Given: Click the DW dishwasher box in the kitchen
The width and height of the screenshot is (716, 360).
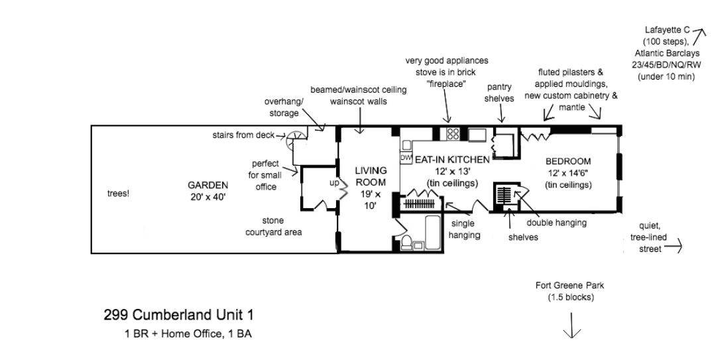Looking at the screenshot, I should pyautogui.click(x=406, y=159).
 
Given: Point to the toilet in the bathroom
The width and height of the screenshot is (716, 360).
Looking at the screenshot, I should pyautogui.click(x=417, y=244).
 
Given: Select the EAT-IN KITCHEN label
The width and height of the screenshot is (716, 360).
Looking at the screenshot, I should pyautogui.click(x=452, y=160).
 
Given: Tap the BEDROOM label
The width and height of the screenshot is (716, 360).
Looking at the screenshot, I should pyautogui.click(x=567, y=161).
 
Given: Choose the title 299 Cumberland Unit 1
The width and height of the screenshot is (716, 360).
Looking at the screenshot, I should pyautogui.click(x=178, y=315).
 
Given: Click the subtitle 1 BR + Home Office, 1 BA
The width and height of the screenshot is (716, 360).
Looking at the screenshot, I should pyautogui.click(x=188, y=334).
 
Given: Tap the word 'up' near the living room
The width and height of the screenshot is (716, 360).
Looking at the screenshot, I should pyautogui.click(x=334, y=182).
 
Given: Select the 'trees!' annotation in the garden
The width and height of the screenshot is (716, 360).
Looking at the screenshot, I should pyautogui.click(x=118, y=194).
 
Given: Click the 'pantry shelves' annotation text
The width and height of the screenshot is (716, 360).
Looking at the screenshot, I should pyautogui.click(x=500, y=93).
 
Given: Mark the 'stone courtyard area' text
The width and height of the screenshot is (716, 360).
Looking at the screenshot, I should pyautogui.click(x=273, y=226).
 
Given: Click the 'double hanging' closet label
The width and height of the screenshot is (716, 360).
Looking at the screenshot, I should pyautogui.click(x=556, y=223).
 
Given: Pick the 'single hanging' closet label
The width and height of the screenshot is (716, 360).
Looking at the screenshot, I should pyautogui.click(x=464, y=229).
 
